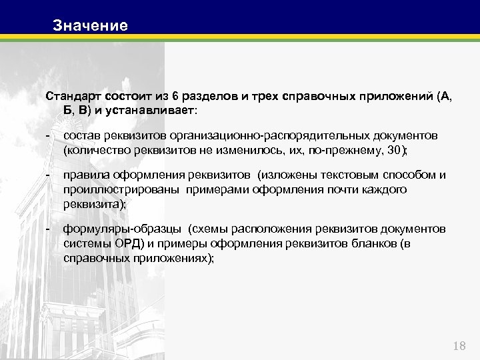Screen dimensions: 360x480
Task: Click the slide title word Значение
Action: pyautogui.click(x=90, y=26)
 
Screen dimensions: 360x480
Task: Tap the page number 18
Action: pyautogui.click(x=459, y=345)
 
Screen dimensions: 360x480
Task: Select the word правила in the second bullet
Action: pyautogui.click(x=85, y=175)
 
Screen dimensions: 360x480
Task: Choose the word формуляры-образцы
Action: pyautogui.click(x=122, y=229)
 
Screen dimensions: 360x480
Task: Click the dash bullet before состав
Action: pyautogui.click(x=48, y=136)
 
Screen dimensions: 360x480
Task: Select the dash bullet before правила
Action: pyautogui.click(x=48, y=175)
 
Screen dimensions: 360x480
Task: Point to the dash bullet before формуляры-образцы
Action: pyautogui.click(x=48, y=229)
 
